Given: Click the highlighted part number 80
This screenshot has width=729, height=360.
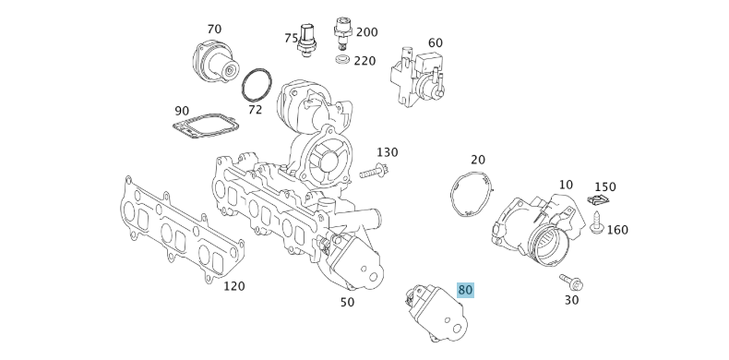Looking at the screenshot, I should pos(465,290).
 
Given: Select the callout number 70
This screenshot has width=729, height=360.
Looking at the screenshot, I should pos(214,29).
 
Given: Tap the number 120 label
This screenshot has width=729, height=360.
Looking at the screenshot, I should pos(234,286).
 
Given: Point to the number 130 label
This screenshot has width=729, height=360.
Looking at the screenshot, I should pos(387,152).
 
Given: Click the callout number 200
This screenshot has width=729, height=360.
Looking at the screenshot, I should pos(366,32).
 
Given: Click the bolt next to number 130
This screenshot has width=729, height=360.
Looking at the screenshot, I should pos(375,171).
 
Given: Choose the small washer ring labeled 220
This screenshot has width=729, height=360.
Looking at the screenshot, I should pos(341,61).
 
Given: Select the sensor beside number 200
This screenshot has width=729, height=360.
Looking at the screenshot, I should pos(343,33).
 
